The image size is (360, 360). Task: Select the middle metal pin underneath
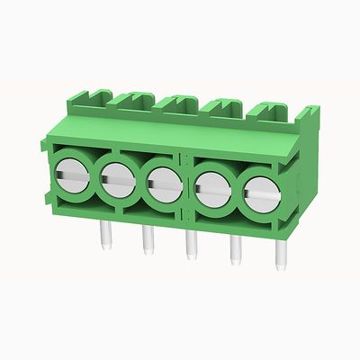point(190,245)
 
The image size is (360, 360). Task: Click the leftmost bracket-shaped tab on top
point(93,96)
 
